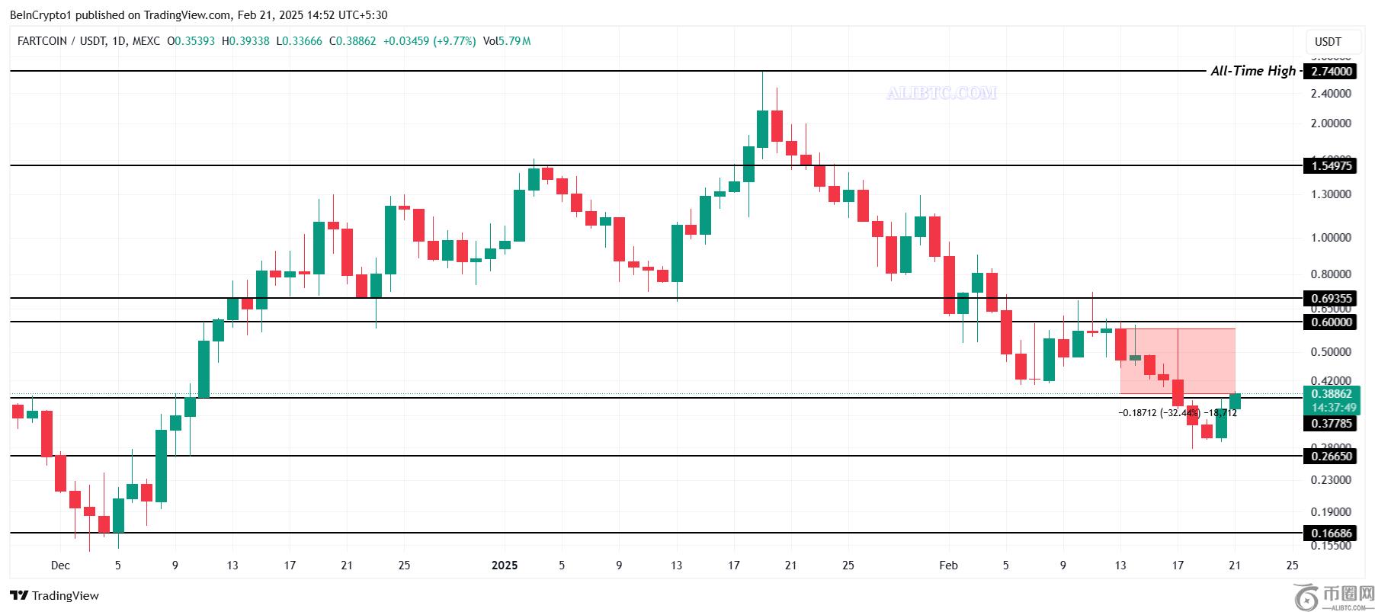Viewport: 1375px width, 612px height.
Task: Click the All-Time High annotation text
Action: [1252, 71]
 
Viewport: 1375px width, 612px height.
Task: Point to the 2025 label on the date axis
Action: [505, 566]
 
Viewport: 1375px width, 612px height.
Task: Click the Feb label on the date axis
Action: [948, 566]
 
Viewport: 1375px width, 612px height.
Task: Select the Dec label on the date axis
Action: [60, 566]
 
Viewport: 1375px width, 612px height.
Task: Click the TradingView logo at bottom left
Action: [55, 595]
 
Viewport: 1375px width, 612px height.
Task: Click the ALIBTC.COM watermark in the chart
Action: [941, 93]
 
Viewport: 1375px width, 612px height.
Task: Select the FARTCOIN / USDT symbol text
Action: [61, 41]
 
